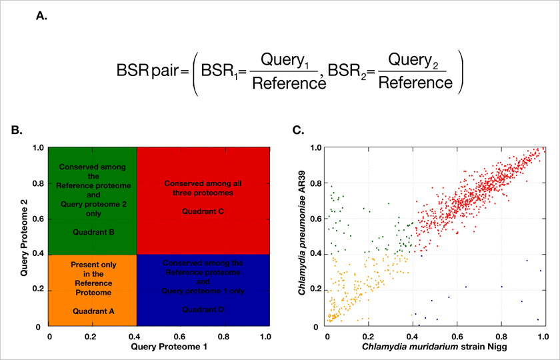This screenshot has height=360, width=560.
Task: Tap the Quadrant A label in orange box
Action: coord(93,311)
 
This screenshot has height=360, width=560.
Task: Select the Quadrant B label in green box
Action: coord(93,232)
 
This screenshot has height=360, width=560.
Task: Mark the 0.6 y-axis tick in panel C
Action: coord(315,219)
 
